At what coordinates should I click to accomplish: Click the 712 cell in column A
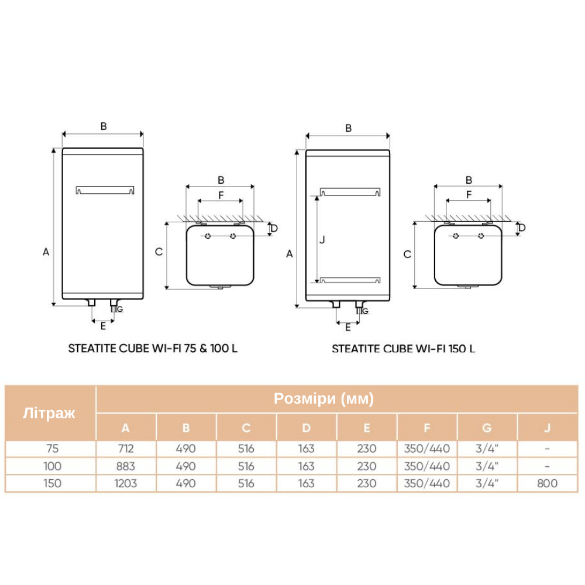(126, 448)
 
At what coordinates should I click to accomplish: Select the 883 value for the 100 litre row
(126, 466)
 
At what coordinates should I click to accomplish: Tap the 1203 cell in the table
(126, 484)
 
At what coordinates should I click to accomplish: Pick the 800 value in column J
(548, 484)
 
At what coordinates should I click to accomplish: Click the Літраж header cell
(49, 413)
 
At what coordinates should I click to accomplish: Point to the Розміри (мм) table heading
(324, 398)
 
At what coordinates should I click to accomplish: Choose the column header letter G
(487, 428)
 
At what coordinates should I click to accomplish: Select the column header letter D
(307, 428)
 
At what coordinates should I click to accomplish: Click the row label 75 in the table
(52, 448)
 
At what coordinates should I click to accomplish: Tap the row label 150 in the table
(52, 484)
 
